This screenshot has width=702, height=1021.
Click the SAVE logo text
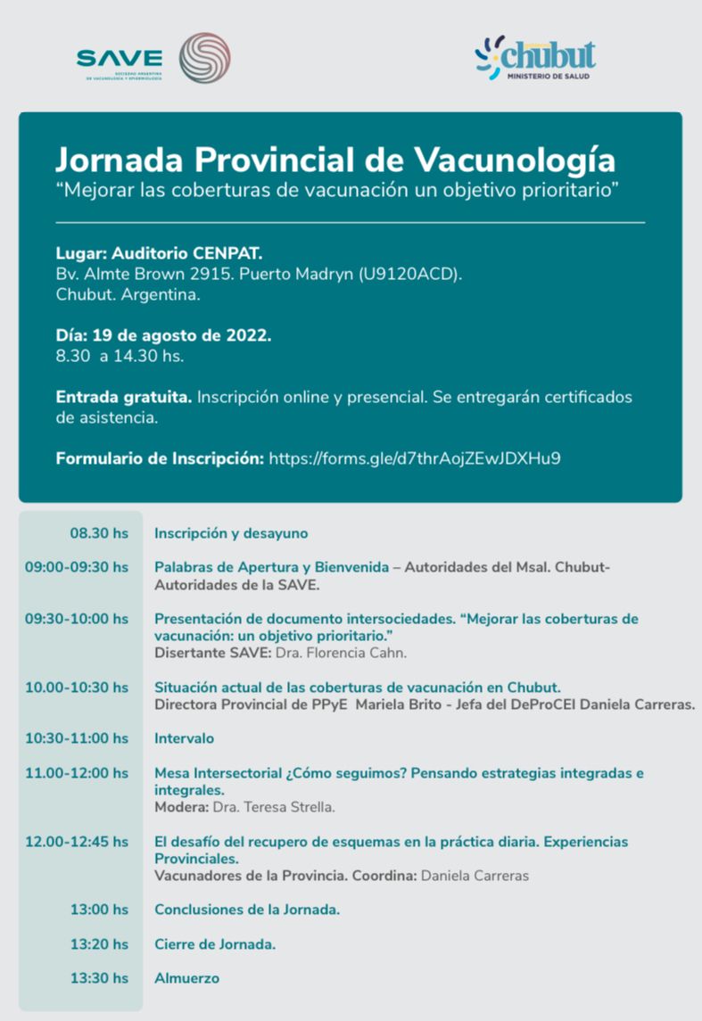[120, 59]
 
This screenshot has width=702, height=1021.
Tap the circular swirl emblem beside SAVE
[204, 58]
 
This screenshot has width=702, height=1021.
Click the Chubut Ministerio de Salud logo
[535, 59]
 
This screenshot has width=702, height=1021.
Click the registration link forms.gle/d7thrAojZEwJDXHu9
[415, 458]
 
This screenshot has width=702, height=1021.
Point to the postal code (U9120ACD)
[409, 274]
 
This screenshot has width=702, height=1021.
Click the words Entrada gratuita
[123, 397]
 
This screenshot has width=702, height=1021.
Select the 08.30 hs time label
[99, 533]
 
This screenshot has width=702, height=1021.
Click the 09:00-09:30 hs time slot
[77, 567]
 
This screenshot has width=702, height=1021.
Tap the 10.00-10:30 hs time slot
[77, 687]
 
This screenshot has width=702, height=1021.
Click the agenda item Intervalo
[184, 738]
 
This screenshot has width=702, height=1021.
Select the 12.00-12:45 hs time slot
[77, 842]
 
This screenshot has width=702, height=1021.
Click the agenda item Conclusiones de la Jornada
[247, 910]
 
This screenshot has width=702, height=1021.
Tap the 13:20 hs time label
[99, 944]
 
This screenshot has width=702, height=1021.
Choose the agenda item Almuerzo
[186, 978]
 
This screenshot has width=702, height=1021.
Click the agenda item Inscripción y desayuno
[231, 533]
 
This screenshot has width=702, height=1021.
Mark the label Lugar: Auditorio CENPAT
[160, 253]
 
